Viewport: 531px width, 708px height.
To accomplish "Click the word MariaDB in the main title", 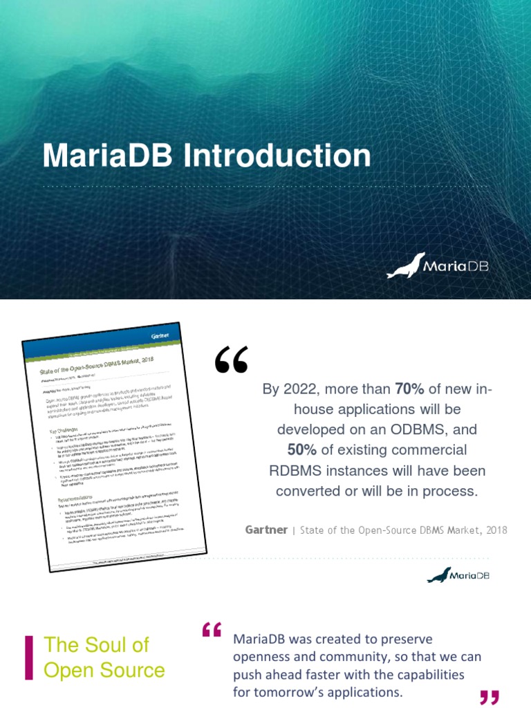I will pos(109,156).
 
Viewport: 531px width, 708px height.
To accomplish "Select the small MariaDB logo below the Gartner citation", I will pos(458,575).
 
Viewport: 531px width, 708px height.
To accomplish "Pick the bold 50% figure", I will pos(302,451).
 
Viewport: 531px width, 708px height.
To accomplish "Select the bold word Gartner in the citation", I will pos(265,530).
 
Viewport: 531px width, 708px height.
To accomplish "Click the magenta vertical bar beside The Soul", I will pos(29,657).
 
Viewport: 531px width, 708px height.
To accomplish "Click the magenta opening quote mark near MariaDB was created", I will pos(212,630).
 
